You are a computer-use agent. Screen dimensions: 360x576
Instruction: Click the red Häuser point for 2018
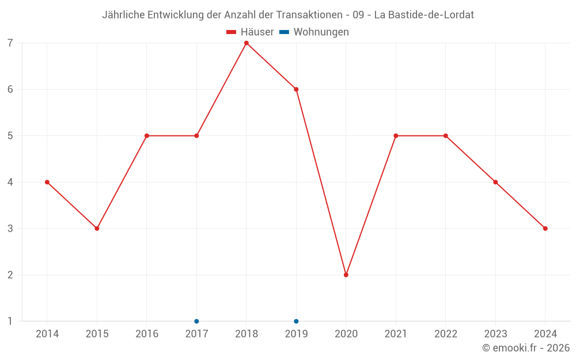point(247,43)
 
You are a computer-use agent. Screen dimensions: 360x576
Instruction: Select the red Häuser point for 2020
point(346,275)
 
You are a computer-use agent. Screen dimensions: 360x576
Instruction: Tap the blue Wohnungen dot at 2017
point(196,321)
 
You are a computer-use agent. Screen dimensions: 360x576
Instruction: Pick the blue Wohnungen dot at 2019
point(296,321)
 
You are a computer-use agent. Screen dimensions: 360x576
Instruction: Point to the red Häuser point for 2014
point(47,182)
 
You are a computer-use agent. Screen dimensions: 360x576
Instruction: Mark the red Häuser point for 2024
point(545,229)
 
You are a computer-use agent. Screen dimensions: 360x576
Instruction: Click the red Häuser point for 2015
point(97,229)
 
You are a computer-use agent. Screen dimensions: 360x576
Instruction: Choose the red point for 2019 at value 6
point(296,89)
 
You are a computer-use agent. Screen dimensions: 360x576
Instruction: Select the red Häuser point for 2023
point(495,182)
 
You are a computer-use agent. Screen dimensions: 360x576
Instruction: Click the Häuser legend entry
point(251,32)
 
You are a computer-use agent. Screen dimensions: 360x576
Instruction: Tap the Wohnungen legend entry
point(314,32)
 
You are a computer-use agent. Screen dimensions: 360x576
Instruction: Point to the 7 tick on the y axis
point(10,43)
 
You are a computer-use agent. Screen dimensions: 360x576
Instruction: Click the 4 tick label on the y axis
point(10,182)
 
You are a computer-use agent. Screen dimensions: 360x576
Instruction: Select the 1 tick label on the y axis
point(10,321)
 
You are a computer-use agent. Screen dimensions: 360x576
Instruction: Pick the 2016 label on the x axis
point(147,334)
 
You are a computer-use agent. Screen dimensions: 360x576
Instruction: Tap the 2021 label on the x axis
point(396,334)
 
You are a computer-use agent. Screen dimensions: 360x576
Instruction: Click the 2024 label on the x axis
point(545,334)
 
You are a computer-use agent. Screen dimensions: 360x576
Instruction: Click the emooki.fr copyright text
point(526,348)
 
